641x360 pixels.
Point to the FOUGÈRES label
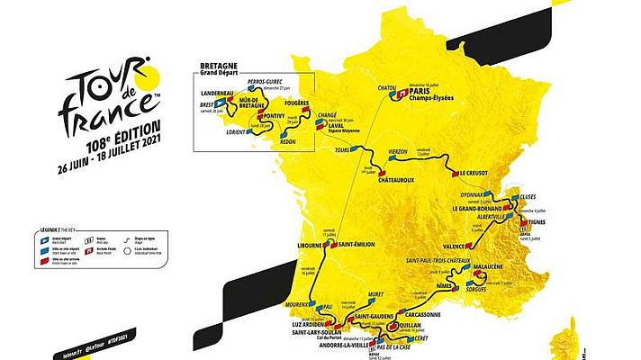point(296,103)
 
